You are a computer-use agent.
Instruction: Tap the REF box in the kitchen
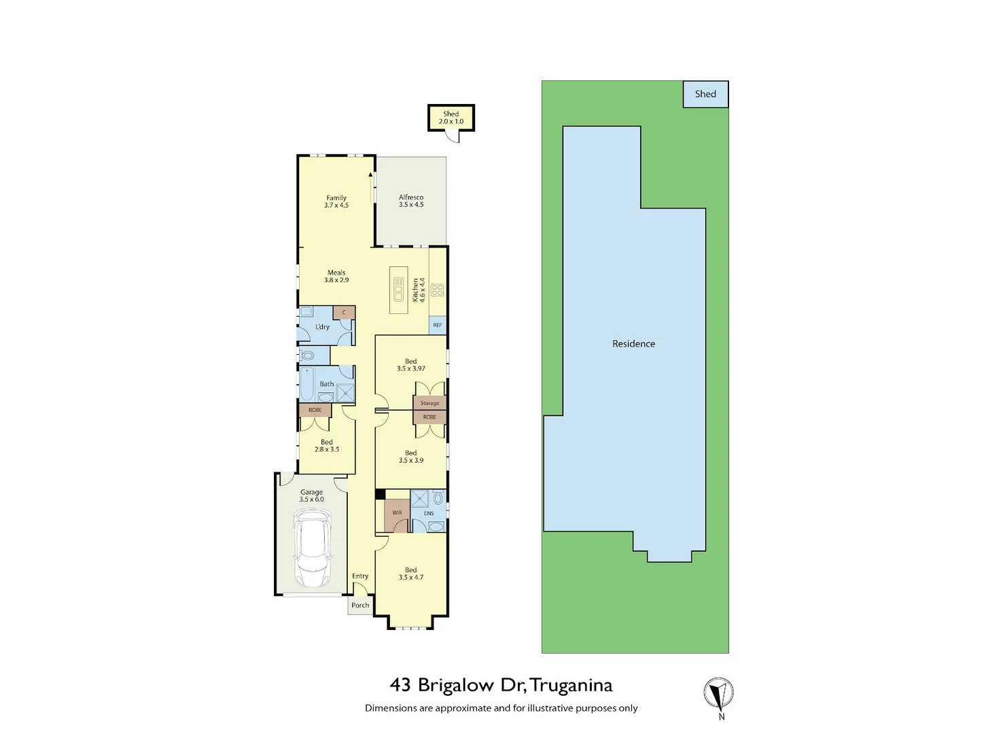[x=438, y=326]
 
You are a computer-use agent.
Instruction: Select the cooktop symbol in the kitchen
[x=438, y=290]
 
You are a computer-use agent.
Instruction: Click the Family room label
[x=336, y=201]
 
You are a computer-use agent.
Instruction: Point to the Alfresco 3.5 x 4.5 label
[x=411, y=201]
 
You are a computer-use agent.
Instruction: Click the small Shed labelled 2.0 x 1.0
[x=451, y=118]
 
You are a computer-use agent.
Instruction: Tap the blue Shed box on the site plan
[x=705, y=94]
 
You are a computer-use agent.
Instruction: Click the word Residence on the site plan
[x=633, y=344]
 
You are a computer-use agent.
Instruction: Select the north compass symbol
[x=718, y=694]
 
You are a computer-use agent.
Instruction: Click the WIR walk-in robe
[x=397, y=513]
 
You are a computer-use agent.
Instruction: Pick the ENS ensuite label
[x=429, y=513]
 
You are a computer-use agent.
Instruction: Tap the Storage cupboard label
[x=429, y=403]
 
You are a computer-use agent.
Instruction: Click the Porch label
[x=360, y=605]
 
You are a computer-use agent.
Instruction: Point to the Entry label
[x=360, y=576]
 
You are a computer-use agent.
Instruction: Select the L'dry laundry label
[x=322, y=327]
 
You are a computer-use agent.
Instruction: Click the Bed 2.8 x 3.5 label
[x=327, y=446]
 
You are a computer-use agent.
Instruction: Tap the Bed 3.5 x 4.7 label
[x=411, y=574]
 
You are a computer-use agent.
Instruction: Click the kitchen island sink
[x=399, y=290]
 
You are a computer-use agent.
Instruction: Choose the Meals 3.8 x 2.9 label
[x=336, y=276]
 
